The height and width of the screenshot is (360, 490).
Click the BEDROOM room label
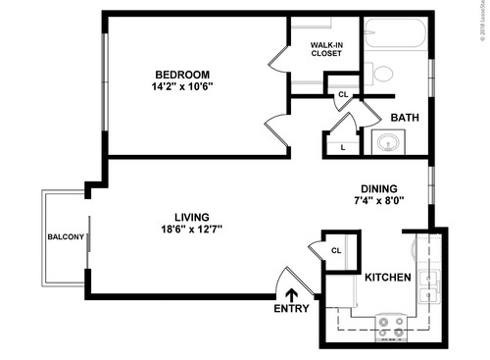pyautogui.click(x=183, y=74)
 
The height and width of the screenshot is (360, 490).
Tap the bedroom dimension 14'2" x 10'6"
pyautogui.click(x=183, y=86)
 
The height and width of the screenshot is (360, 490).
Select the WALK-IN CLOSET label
pyautogui.click(x=326, y=49)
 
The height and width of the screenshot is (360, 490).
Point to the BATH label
pyautogui.click(x=405, y=118)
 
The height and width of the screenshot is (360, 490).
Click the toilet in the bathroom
pyautogui.click(x=382, y=73)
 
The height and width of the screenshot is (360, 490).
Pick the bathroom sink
pyautogui.click(x=388, y=144)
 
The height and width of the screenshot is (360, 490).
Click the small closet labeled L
pyautogui.click(x=342, y=147)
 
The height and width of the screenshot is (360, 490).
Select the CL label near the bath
pyautogui.click(x=342, y=94)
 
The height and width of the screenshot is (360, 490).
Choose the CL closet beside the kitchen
pyautogui.click(x=336, y=250)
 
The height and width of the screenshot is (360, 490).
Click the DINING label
pyautogui.click(x=378, y=189)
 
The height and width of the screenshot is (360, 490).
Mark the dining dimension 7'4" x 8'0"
pyautogui.click(x=378, y=201)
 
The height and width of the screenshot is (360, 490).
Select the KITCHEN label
pyautogui.click(x=388, y=278)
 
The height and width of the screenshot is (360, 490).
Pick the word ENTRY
pyautogui.click(x=292, y=310)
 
